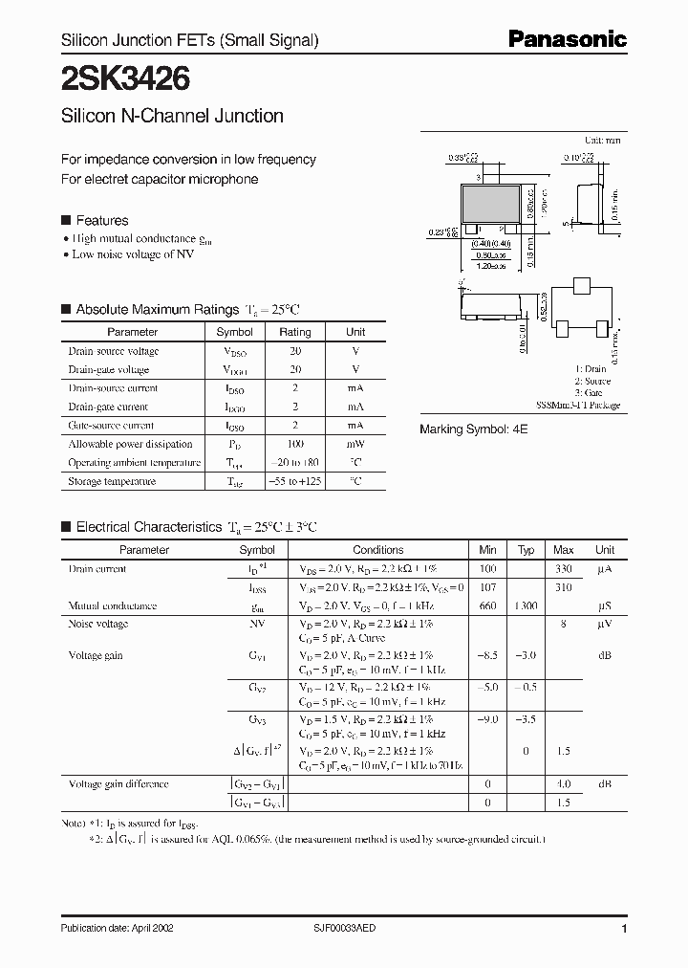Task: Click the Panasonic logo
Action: [567, 39]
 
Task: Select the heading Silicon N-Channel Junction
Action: [172, 116]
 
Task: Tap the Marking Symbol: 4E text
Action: [473, 430]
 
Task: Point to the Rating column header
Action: [294, 332]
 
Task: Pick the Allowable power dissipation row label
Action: [130, 444]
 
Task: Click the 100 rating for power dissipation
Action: [294, 444]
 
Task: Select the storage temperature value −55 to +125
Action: [294, 481]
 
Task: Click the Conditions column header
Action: [378, 550]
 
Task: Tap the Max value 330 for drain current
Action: [564, 569]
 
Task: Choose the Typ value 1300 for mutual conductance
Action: [526, 605]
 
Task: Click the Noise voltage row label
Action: [97, 624]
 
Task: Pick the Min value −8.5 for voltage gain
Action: [487, 655]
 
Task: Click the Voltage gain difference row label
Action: [118, 784]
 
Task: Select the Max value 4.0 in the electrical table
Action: [564, 784]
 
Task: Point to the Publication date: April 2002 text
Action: [118, 928]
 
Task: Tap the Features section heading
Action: [101, 221]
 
